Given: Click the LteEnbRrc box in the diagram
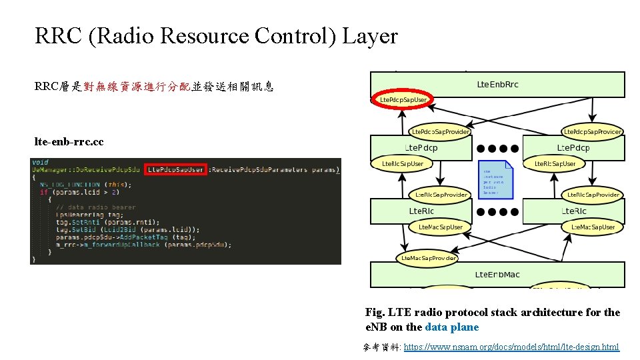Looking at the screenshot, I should point(497,85).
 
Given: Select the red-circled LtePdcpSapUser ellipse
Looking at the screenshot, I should point(403,100).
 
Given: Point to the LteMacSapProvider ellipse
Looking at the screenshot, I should point(428,258).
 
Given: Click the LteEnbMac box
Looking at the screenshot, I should point(497,274).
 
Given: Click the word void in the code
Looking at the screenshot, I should point(40,162).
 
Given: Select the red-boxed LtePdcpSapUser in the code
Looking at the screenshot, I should point(176,170).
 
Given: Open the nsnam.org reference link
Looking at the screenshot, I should point(511,347).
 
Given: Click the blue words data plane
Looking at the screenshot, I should point(451,327).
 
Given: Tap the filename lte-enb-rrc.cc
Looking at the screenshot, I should point(69,142).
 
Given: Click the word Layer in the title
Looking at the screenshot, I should point(370,36).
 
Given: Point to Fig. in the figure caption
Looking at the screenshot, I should point(375,312).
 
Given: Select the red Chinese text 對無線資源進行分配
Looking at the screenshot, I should point(137,86).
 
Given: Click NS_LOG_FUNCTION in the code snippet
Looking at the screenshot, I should point(70,185).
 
